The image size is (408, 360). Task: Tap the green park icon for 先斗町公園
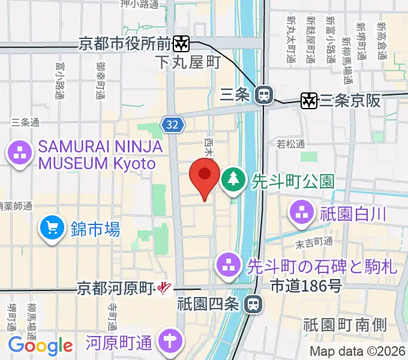point(232,179)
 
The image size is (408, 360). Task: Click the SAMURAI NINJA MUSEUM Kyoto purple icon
point(20,153)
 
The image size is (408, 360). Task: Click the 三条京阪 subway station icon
point(309,101)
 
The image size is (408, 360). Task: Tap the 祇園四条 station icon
point(254,304)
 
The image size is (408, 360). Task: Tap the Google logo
point(40,346)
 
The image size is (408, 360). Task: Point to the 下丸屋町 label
point(187,62)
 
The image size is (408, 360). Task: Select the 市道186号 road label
point(306,286)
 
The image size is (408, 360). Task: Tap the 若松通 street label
point(290,144)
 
